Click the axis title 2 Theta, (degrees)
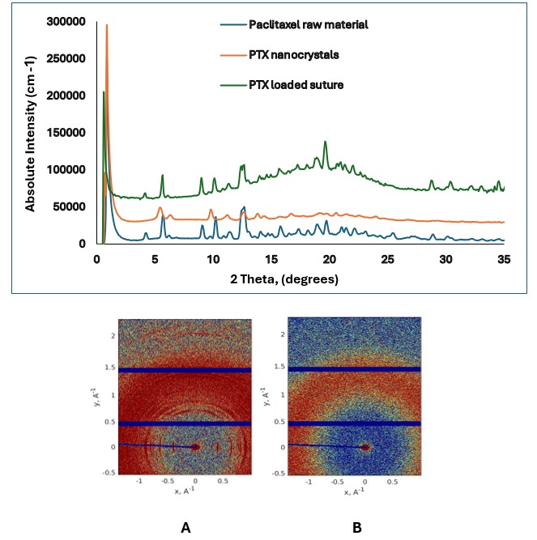tap(284, 278)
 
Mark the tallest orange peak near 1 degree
tap(107, 26)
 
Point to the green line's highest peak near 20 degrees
tap(326, 142)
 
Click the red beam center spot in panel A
tap(195, 446)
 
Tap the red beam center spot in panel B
tap(365, 446)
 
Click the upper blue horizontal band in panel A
tap(185, 370)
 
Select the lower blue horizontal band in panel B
tap(354, 423)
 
